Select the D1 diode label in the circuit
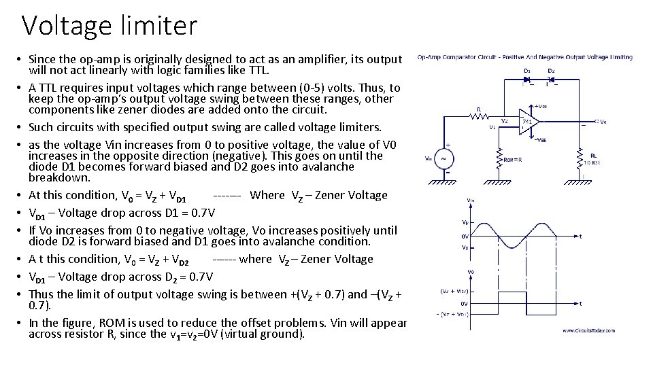(526, 70)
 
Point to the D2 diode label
(551, 70)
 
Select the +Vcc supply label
(541, 106)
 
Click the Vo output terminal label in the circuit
(601, 122)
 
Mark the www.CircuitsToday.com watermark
(589, 331)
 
